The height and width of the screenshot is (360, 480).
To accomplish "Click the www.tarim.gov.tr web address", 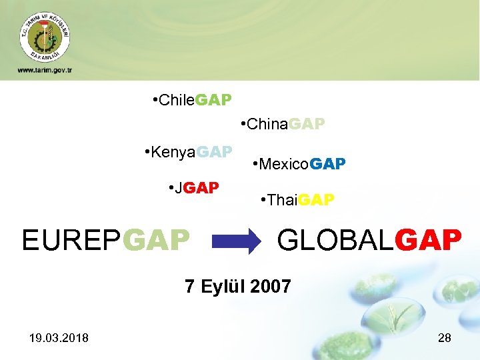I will point(45,69).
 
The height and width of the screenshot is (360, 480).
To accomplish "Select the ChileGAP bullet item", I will point(192,101).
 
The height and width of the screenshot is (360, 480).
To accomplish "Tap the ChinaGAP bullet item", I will point(285,124).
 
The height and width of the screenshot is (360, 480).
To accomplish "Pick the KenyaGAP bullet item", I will point(188,152).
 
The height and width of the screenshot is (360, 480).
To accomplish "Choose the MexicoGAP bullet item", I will point(300,164).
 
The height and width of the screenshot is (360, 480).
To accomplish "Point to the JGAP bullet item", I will point(194,188).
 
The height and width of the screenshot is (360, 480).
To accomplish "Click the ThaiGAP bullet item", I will point(298,200).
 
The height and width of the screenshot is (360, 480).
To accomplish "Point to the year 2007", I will point(271,287).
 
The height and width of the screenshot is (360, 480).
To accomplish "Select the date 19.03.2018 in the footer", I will point(59,338).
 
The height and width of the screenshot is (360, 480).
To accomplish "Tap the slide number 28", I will point(444,338).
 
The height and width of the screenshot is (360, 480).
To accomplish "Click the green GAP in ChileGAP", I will point(213,101).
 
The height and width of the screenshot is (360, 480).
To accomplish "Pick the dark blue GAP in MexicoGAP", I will point(328,164).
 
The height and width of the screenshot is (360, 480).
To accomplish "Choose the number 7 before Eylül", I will point(190,287).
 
